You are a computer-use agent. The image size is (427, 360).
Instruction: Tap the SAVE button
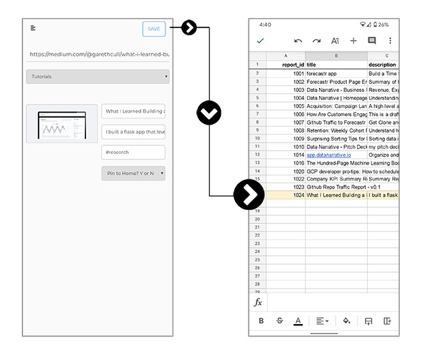[153, 29]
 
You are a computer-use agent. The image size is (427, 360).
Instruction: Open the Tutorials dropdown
[97, 77]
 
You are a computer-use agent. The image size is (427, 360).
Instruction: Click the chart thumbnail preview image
[61, 123]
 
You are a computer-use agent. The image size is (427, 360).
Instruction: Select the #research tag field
[133, 152]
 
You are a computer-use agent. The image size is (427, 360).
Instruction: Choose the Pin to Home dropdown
[133, 173]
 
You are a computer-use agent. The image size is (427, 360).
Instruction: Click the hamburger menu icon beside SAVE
[33, 28]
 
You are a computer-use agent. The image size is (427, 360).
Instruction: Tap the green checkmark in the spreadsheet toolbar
[260, 41]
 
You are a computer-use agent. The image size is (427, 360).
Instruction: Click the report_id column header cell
[286, 65]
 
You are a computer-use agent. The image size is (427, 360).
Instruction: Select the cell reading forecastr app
[336, 73]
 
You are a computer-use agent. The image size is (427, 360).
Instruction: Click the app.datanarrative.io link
[329, 155]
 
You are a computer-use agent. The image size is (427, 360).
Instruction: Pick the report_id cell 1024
[286, 195]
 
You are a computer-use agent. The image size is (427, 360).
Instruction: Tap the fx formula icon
[258, 302]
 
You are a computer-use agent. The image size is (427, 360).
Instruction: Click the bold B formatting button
[261, 321]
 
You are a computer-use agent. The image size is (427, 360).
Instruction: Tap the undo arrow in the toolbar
[298, 41]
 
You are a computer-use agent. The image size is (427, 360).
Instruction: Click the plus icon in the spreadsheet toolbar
[354, 41]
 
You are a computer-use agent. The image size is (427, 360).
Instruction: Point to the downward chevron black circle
[209, 113]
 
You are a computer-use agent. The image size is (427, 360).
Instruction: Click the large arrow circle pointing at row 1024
[249, 195]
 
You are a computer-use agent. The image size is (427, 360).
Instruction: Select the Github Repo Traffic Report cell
[336, 187]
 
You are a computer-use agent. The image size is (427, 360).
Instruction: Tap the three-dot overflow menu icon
[390, 41]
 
